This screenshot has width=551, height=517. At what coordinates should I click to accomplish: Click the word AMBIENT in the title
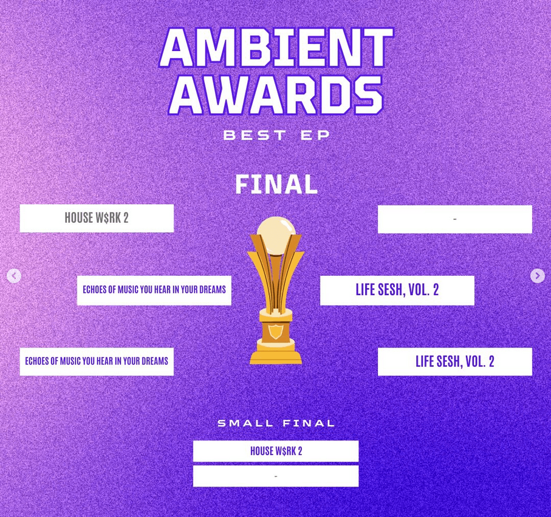click(x=276, y=48)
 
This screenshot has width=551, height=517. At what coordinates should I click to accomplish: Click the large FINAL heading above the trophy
click(x=276, y=185)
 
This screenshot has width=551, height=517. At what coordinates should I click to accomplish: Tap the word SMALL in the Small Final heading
click(x=246, y=423)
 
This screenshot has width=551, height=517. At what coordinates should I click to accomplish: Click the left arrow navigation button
click(x=14, y=276)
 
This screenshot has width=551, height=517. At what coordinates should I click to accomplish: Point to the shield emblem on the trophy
click(x=275, y=332)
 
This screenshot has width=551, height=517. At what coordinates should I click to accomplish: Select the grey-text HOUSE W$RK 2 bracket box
click(x=97, y=218)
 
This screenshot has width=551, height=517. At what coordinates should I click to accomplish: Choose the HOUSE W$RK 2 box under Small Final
click(x=276, y=451)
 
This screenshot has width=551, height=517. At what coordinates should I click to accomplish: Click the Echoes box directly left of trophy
click(x=154, y=290)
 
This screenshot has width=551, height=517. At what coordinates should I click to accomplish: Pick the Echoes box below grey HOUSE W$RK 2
click(x=97, y=361)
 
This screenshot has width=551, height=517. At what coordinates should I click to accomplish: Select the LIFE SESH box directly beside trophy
click(x=397, y=290)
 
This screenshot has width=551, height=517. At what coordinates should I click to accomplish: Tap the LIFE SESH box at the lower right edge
click(x=454, y=361)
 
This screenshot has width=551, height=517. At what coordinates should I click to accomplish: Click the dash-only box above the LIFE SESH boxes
click(x=454, y=219)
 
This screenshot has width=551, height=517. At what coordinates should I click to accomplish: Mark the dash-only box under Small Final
click(x=276, y=476)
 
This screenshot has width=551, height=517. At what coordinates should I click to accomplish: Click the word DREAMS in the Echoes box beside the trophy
click(x=212, y=290)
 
